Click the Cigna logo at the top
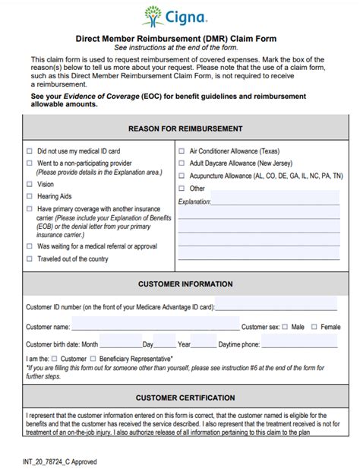(180, 16)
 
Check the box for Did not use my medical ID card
(30, 151)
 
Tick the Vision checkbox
(30, 184)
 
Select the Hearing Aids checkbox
(30, 196)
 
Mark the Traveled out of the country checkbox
(30, 258)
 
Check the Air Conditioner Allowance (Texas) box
(181, 151)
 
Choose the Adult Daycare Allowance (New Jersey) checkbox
(181, 163)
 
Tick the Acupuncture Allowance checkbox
(181, 176)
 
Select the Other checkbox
(181, 189)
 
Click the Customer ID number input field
(276, 306)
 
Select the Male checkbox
(285, 327)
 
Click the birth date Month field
(118, 344)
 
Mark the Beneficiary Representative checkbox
(93, 358)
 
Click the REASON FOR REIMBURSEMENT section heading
(185, 128)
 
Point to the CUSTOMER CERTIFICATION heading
(185, 398)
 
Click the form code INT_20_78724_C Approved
(60, 461)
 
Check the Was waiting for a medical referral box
(30, 246)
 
